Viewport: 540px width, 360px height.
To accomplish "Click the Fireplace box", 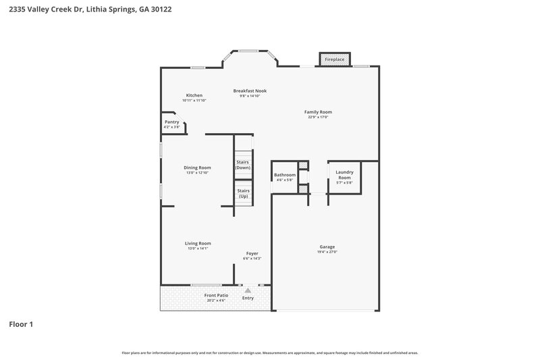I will point(335,60).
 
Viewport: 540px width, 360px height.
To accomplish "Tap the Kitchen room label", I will point(194,95).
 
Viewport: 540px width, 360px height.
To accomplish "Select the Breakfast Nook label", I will point(250,91).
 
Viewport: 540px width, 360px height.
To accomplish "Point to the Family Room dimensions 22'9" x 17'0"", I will point(318,118).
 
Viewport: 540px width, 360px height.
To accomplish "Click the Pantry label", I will point(172,122).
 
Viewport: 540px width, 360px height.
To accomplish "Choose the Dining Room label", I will point(198,168).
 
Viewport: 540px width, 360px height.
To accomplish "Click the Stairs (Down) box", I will point(243,164).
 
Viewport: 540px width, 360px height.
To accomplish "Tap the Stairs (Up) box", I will point(243,193).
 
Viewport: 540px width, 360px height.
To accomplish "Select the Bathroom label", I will point(285,175).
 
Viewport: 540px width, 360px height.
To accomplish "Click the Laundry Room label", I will point(344,174).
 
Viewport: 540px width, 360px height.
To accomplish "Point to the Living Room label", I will point(198,243).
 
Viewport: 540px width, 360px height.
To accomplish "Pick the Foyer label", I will point(252,253).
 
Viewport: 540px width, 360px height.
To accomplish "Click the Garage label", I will point(327,247).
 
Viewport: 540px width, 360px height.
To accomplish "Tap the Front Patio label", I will point(216,295).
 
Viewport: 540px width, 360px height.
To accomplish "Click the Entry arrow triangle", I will point(248,290).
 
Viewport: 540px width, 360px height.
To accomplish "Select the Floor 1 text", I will point(21,324).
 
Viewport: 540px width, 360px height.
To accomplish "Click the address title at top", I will point(85,10).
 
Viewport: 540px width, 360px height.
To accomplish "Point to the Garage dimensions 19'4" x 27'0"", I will point(327,252).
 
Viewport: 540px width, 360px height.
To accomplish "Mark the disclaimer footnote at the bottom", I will point(270,353).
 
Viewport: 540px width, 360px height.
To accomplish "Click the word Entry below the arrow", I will point(248,298).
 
